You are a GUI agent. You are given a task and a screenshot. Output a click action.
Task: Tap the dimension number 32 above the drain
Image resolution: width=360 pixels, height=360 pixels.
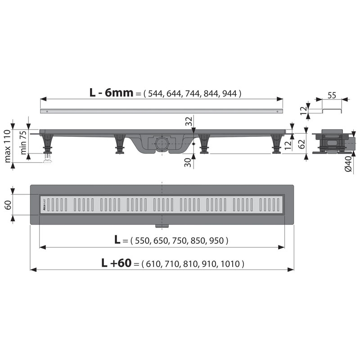[x=189, y=121]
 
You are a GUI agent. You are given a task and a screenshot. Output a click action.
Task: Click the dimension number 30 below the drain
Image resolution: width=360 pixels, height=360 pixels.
[x=189, y=162]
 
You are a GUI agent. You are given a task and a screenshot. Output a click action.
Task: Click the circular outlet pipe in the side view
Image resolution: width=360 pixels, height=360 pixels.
[x=161, y=145]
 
